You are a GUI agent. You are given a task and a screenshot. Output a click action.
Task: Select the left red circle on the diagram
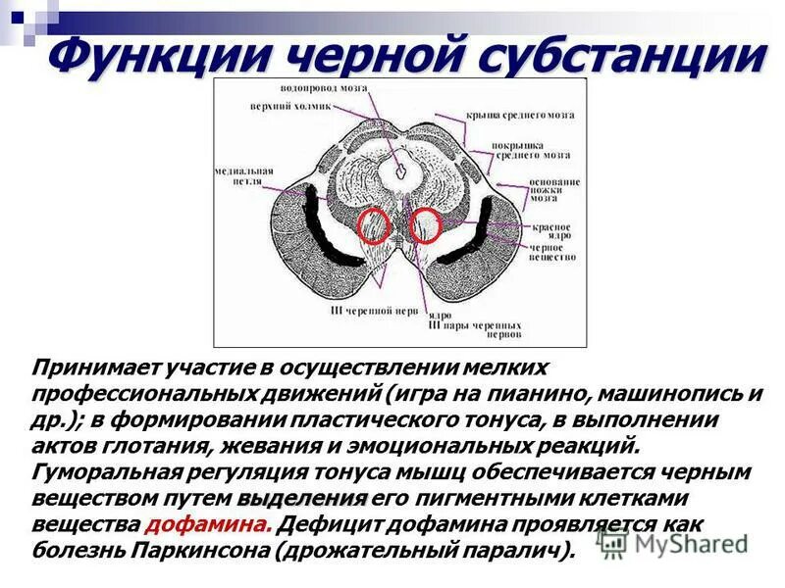coord(374,226)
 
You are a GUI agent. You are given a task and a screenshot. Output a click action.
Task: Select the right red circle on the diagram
coord(425,226)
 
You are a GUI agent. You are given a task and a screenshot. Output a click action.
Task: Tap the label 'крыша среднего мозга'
coord(519,116)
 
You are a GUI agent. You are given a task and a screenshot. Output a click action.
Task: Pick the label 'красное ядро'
coord(551,232)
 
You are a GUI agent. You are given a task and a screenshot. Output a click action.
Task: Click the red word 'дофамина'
coord(208,522)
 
